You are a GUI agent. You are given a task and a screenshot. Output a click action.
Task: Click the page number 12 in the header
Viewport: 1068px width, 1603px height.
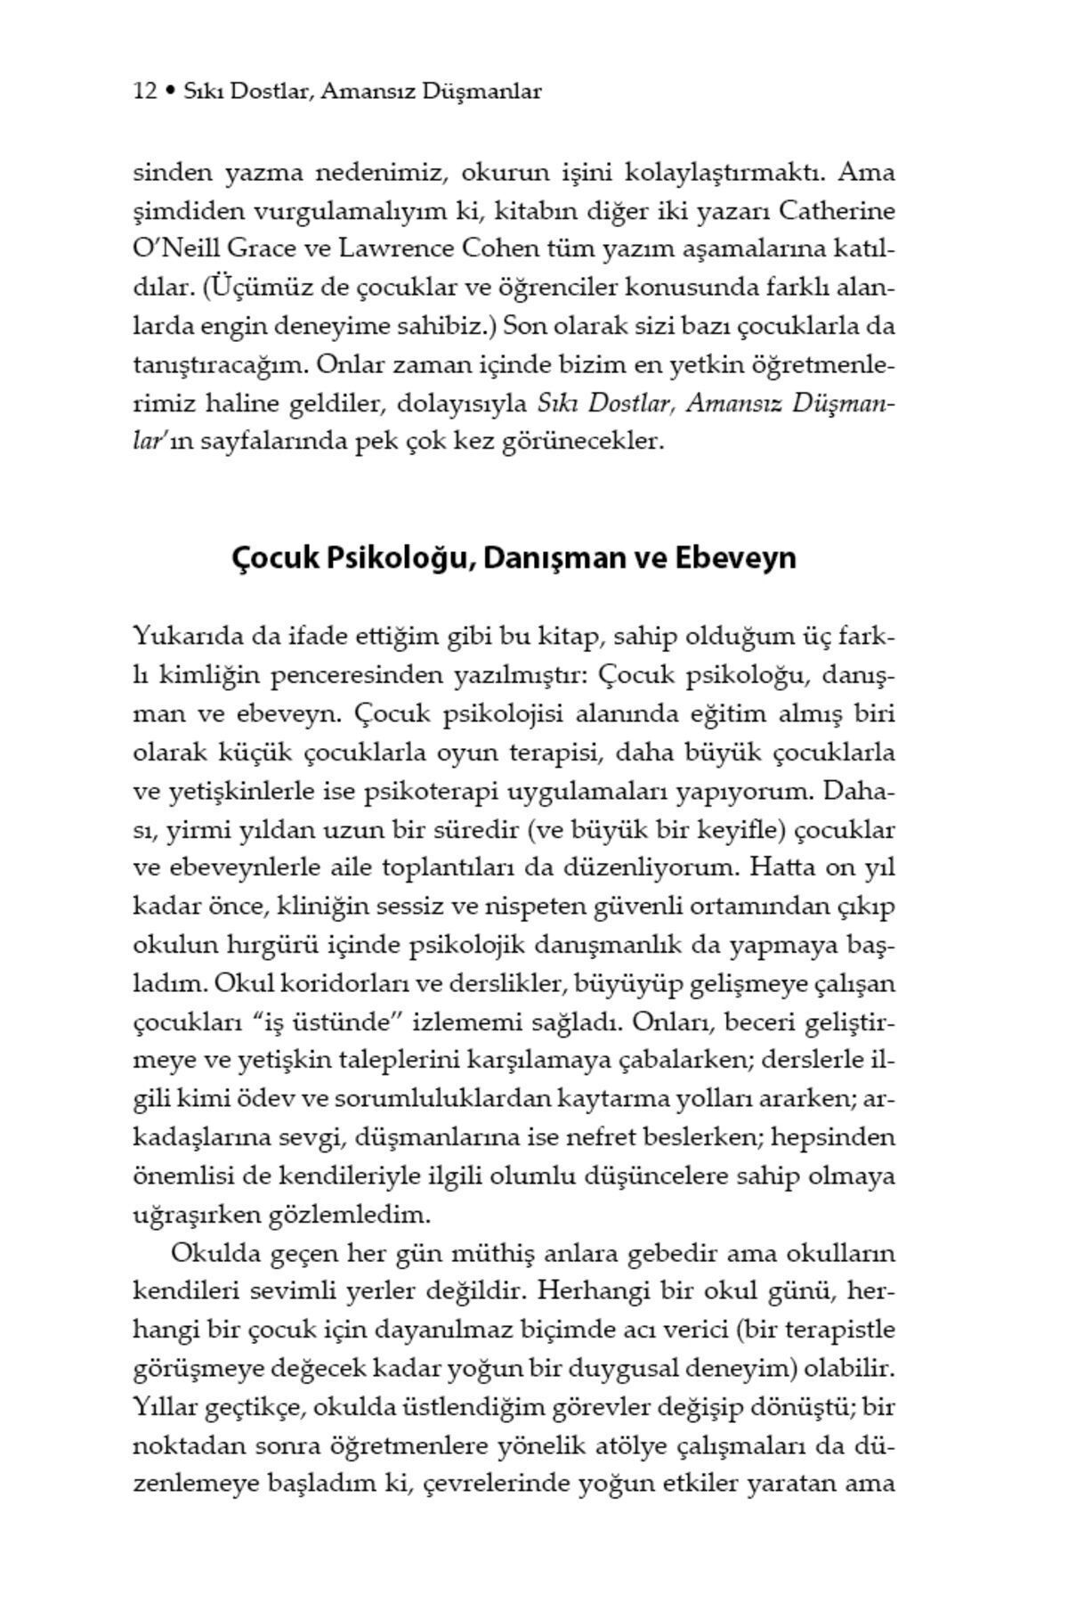145,91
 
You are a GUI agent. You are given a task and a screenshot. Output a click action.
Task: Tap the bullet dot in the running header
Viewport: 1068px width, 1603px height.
170,91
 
